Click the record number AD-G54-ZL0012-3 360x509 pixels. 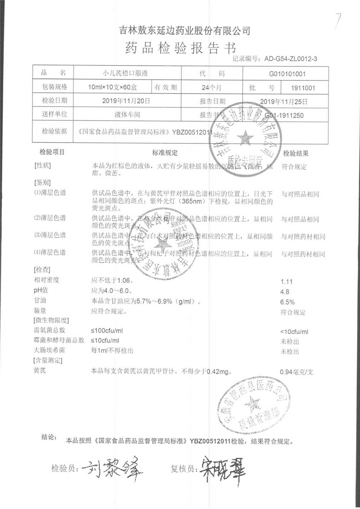coord(291,59)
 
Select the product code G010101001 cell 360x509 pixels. coord(287,74)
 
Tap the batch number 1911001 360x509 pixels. coord(303,88)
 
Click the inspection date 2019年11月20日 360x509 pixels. coord(126,101)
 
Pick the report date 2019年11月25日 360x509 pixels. coord(284,102)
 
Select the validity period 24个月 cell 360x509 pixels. coord(212,88)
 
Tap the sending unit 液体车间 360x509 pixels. coord(127,115)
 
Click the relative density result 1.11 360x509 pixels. coord(287,282)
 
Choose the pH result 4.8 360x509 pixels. coord(285,292)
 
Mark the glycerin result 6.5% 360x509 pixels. coord(287,302)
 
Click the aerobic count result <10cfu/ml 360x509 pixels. coord(294,332)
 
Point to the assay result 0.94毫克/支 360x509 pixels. coord(296,372)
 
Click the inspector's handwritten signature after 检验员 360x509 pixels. coord(112,468)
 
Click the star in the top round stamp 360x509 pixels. coord(245,137)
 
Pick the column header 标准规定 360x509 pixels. coord(165,153)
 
